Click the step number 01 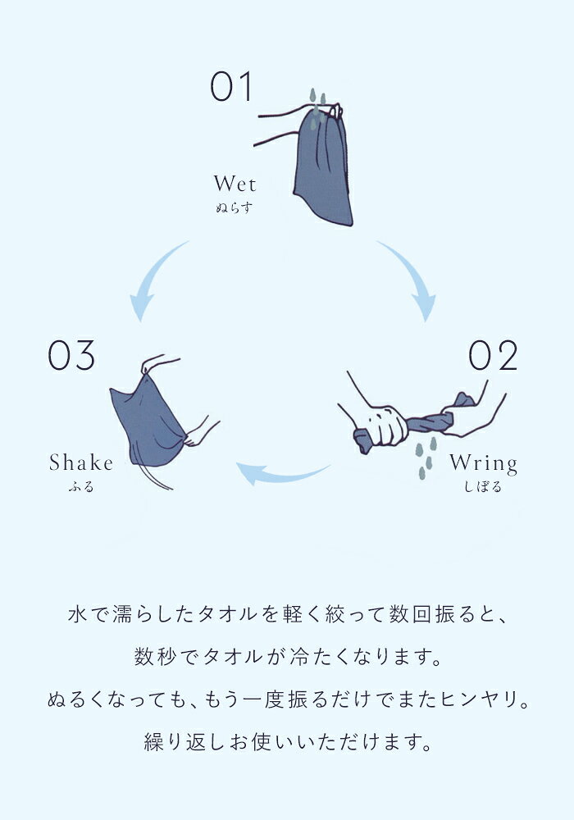point(231,87)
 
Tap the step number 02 point(493,355)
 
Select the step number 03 point(71,355)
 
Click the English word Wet point(235,184)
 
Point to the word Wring point(483,463)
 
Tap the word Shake point(81,462)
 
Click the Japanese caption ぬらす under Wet point(235,208)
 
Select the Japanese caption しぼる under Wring point(483,487)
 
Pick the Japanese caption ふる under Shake point(81,487)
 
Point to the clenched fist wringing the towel point(385,425)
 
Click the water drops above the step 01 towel point(317,107)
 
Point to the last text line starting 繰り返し point(288,742)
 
